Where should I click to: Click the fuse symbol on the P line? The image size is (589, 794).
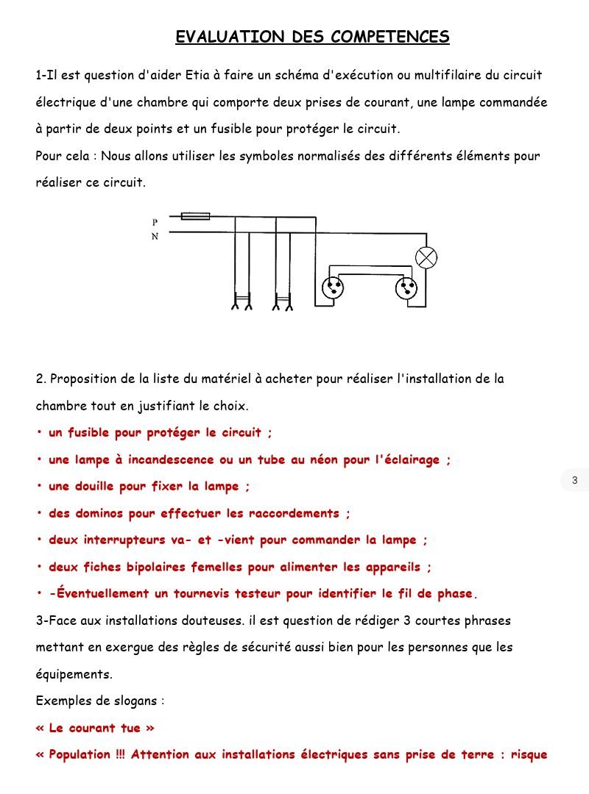click(195, 216)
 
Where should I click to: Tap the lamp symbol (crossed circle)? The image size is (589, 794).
click(426, 257)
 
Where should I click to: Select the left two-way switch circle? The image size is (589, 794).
click(333, 287)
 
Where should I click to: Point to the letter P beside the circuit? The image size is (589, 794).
click(155, 221)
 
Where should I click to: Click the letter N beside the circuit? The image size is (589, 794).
click(155, 237)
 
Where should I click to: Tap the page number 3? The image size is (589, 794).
click(575, 481)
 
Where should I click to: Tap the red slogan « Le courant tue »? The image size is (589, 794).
click(95, 728)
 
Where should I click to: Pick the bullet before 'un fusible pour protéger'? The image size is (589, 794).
click(39, 433)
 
